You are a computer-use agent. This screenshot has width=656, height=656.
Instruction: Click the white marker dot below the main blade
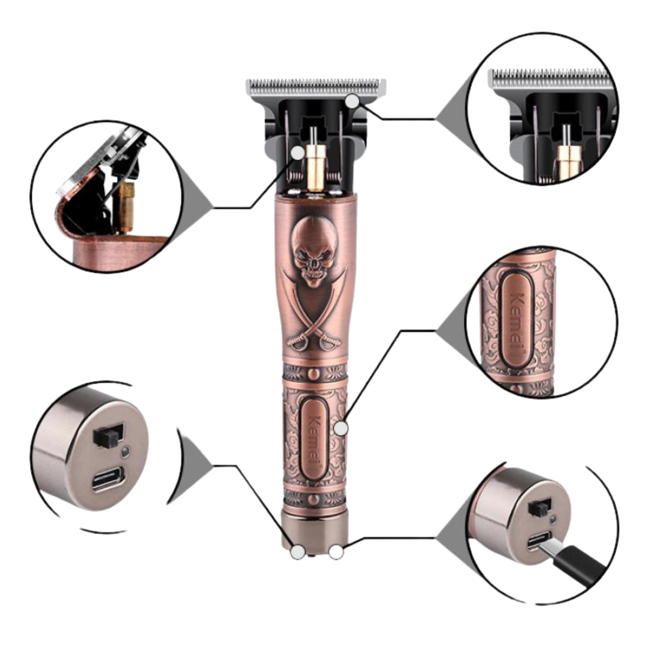click(353, 101)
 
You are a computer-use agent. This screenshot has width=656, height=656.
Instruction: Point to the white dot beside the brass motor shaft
click(298, 153)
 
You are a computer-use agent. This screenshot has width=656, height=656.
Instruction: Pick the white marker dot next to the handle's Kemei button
click(341, 428)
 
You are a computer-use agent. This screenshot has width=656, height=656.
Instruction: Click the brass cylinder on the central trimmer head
click(314, 167)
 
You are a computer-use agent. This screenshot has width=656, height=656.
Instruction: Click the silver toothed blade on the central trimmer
click(315, 86)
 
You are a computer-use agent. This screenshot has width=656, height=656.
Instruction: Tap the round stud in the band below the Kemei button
click(314, 499)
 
